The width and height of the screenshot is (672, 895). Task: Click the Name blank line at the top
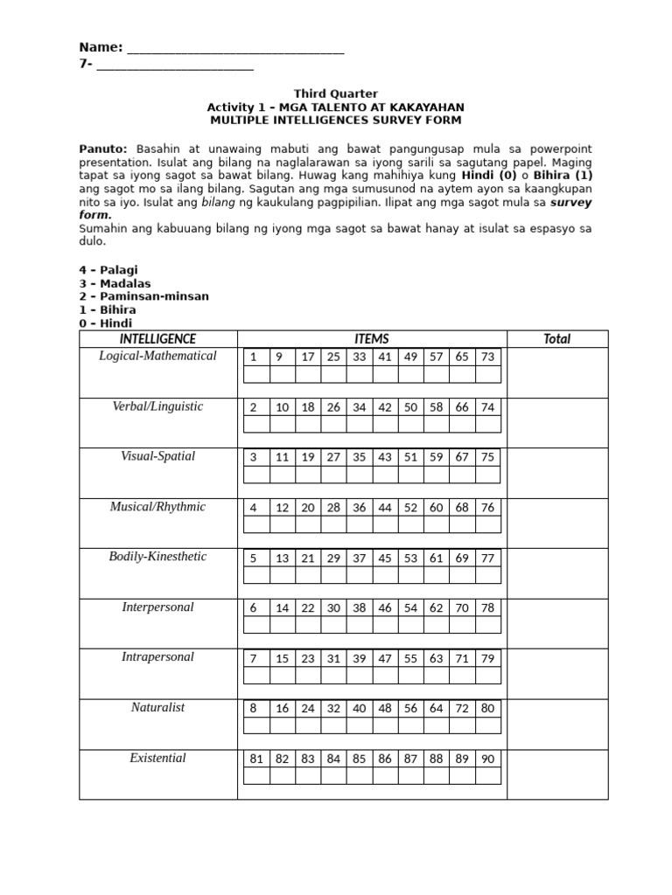coord(235,50)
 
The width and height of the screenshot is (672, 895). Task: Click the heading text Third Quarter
coord(335,94)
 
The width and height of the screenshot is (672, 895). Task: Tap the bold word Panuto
coord(103,149)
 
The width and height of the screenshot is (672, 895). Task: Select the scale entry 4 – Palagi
coord(108,270)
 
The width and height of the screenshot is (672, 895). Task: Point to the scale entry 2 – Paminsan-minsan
coord(143,296)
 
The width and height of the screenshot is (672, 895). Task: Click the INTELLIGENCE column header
coord(157,339)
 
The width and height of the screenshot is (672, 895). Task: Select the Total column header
coord(556,339)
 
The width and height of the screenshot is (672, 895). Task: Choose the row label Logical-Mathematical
coord(157,357)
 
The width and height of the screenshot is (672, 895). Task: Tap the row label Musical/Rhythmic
coord(157,507)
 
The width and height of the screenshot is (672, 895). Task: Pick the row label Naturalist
coord(157,708)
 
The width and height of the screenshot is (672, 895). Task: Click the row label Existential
coord(157,758)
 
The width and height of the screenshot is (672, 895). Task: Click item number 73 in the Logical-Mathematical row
coord(488,357)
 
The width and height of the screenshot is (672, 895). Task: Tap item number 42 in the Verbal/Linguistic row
coord(385,407)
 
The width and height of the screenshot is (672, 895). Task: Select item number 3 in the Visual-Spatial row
coord(254,457)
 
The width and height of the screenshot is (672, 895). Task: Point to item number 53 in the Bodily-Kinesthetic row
coord(411,558)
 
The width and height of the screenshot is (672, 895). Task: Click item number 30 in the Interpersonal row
coord(333,607)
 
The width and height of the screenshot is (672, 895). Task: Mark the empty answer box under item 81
coord(256,776)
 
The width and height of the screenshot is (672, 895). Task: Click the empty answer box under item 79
coord(488,676)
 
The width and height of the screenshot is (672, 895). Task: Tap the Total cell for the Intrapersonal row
coord(556,674)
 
